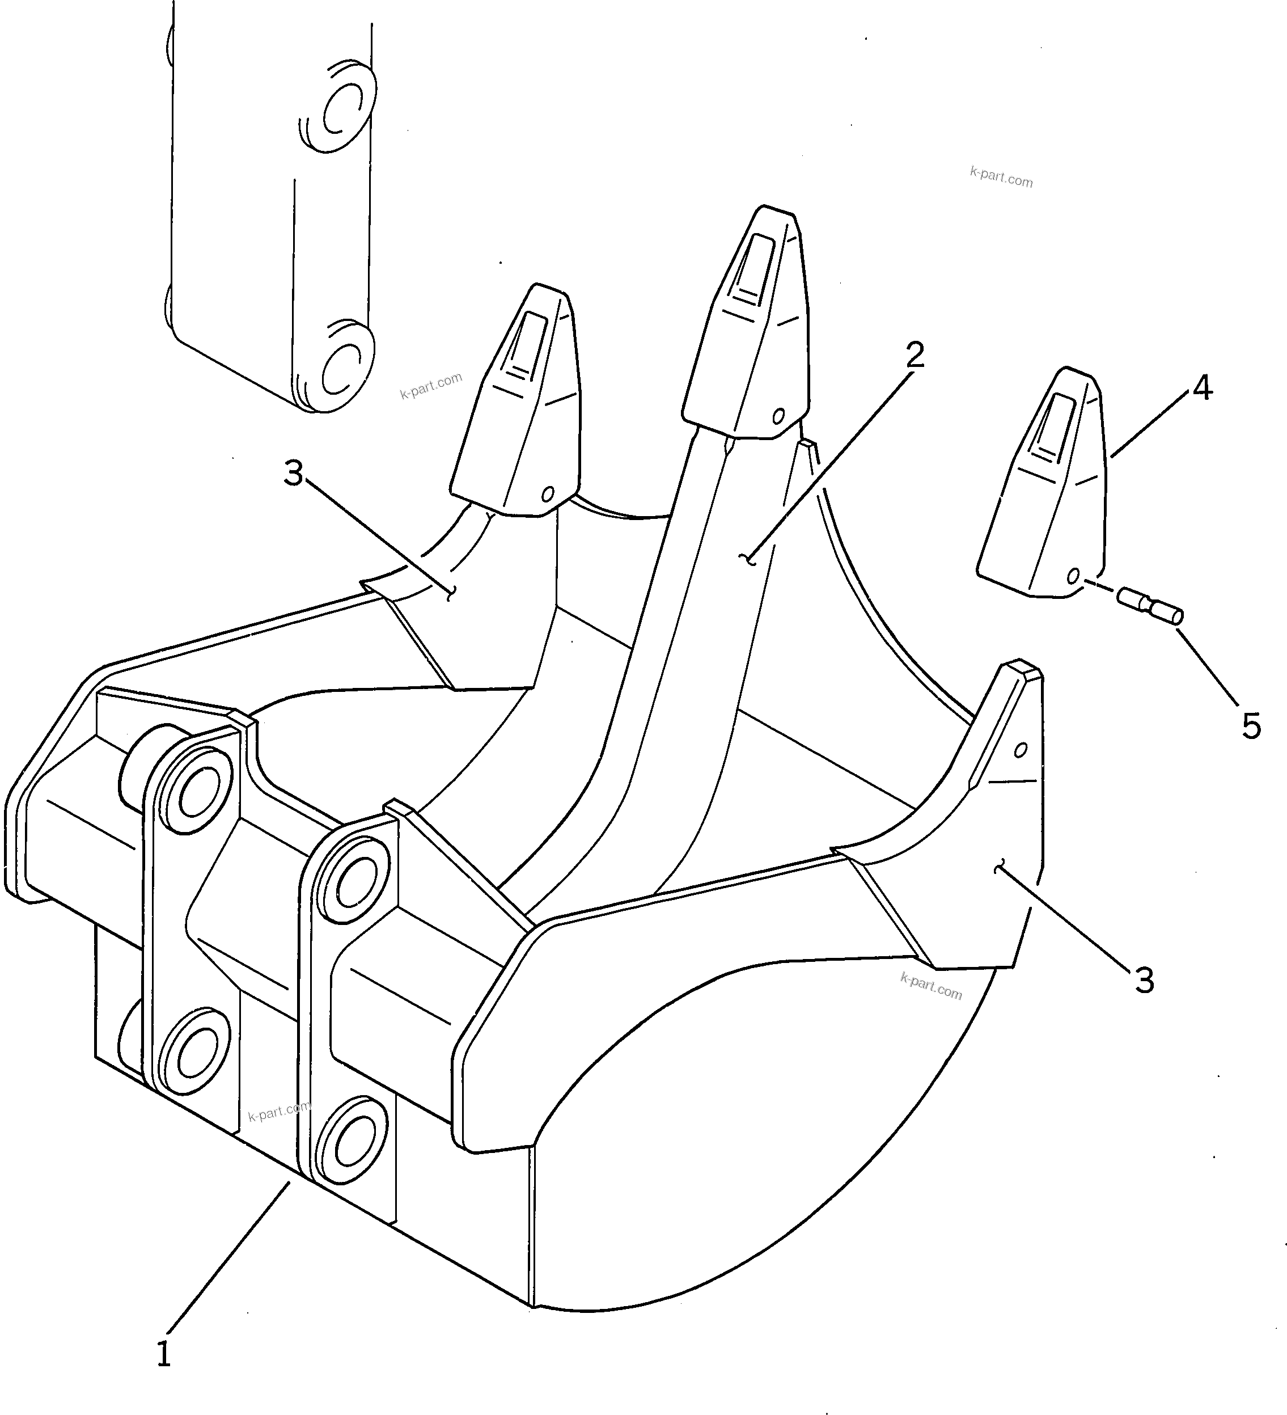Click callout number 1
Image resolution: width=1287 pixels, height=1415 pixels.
click(x=163, y=1353)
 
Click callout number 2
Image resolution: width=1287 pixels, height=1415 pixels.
click(x=915, y=355)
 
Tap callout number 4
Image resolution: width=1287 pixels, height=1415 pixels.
click(x=1202, y=387)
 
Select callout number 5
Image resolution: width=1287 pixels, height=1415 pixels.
click(x=1251, y=726)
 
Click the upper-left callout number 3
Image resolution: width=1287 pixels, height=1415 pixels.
click(x=293, y=474)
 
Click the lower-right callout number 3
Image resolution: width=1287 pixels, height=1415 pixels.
click(x=1145, y=980)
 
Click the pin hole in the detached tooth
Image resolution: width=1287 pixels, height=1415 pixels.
click(x=1073, y=576)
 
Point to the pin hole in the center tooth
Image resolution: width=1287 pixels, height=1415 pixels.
click(x=777, y=416)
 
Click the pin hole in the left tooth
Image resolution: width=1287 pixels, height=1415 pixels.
click(x=547, y=494)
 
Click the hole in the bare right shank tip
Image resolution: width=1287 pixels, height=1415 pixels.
click(x=1021, y=750)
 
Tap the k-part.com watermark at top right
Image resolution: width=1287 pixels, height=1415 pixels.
click(x=1001, y=177)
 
